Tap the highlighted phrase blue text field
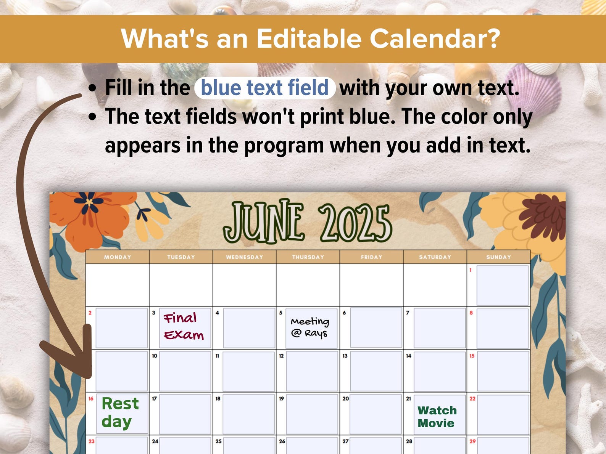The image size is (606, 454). tap(264, 88)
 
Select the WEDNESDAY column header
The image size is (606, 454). tap(245, 257)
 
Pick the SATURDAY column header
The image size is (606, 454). tap(435, 257)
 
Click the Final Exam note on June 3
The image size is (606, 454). tap(184, 327)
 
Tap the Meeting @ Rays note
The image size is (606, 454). tap(310, 327)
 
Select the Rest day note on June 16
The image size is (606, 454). tap(120, 412)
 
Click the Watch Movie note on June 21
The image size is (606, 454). tap(437, 417)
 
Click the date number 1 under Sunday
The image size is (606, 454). tap(471, 270)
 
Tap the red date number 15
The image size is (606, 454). tap(472, 356)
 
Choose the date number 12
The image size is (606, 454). tap(281, 356)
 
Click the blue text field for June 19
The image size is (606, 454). tap(312, 414)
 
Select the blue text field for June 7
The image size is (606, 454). tap(439, 328)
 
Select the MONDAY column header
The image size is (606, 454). tap(118, 257)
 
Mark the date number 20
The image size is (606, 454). tap(345, 399)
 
